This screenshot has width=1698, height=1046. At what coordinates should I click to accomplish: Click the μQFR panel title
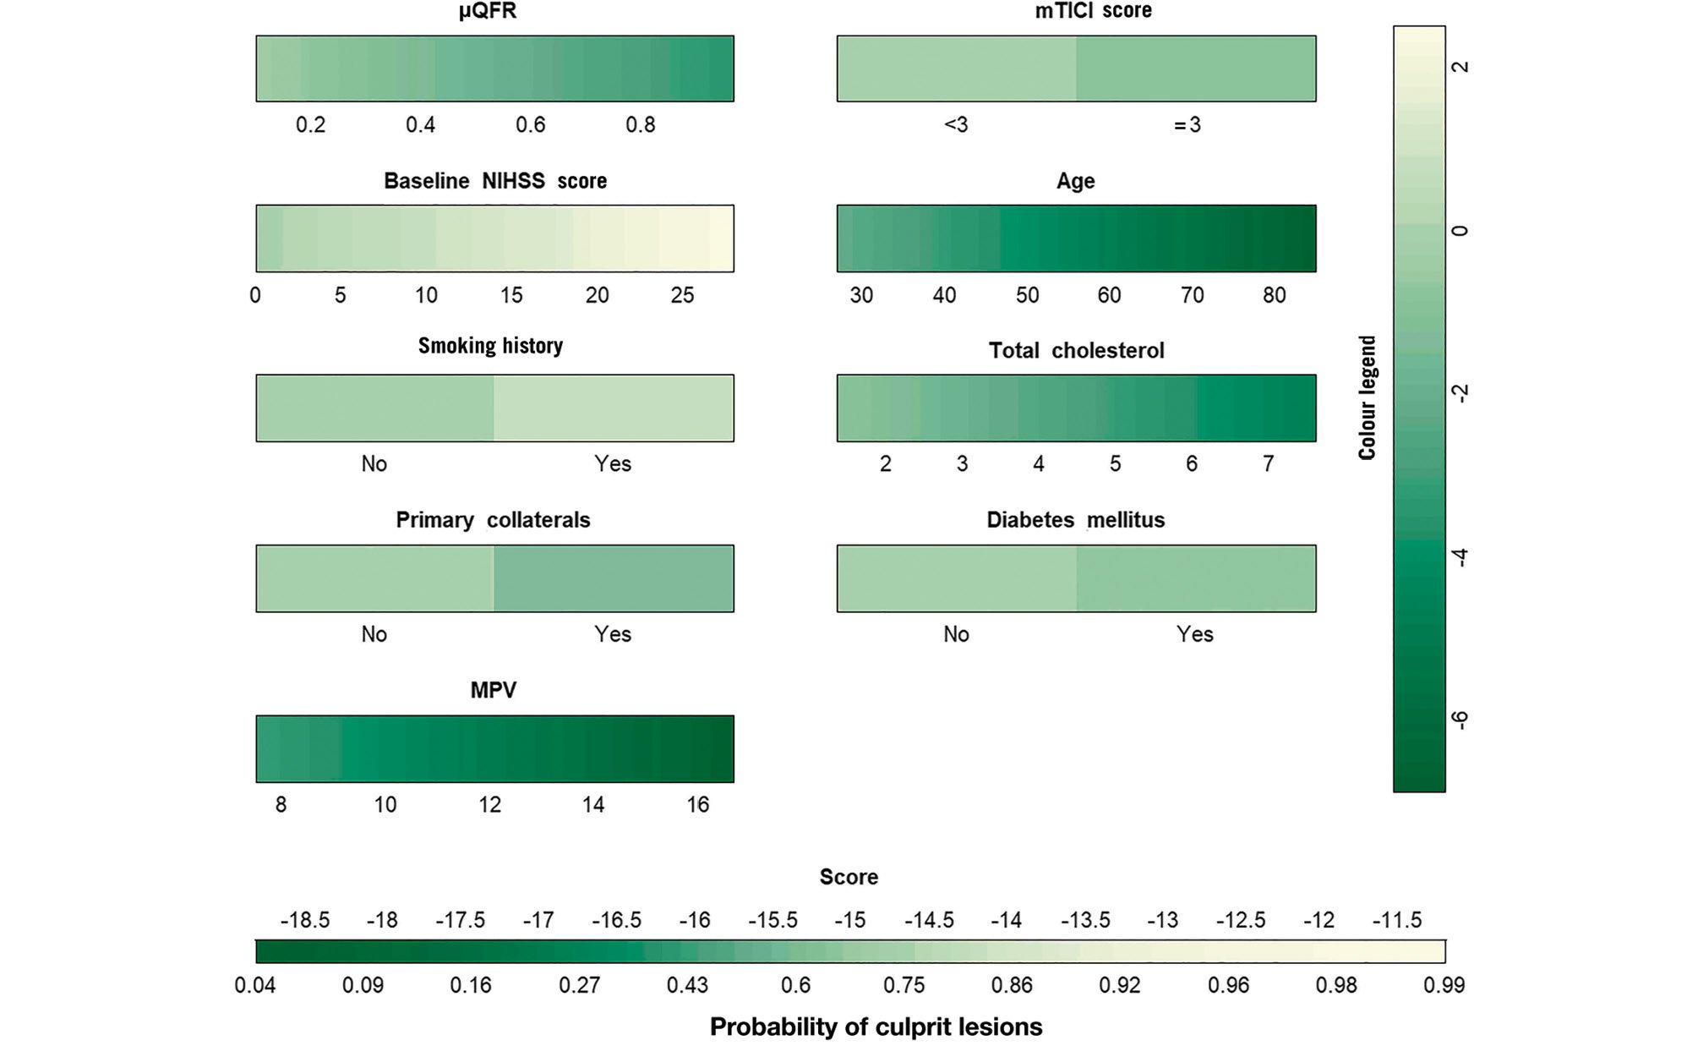[x=488, y=11]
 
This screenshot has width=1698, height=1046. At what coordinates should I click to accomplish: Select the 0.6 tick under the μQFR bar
[x=531, y=125]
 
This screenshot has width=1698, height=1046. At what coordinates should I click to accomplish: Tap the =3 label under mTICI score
[x=1187, y=125]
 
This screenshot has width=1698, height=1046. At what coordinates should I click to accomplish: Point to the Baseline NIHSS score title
[x=495, y=181]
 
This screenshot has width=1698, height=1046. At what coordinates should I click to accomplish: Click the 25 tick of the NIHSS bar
[x=682, y=295]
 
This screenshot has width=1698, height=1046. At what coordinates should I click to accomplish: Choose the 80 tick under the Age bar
[x=1274, y=295]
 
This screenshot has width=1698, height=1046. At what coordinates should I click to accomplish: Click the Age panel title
[x=1075, y=181]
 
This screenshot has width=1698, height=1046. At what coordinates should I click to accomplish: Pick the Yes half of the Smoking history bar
[x=614, y=408]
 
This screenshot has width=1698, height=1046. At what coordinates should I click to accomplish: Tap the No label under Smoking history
[x=374, y=464]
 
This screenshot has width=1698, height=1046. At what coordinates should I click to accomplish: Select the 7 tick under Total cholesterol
[x=1268, y=464]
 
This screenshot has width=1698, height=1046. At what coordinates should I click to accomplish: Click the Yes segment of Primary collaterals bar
[x=614, y=578]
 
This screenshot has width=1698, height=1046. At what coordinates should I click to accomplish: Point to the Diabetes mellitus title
[x=1075, y=520]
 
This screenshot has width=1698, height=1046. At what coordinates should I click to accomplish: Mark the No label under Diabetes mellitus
[x=956, y=634]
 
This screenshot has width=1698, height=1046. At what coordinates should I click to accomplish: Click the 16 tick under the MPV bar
[x=697, y=805]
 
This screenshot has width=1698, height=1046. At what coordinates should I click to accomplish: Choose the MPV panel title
[x=493, y=690]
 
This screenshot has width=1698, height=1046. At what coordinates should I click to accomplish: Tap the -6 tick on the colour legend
[x=1460, y=720]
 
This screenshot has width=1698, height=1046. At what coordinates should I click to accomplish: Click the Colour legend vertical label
[x=1367, y=397]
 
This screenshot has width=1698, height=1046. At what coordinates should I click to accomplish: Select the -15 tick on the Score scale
[x=849, y=920]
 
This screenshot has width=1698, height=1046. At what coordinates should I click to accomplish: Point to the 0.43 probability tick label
[x=687, y=985]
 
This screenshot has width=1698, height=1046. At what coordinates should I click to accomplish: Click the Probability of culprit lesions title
[x=876, y=1027]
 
